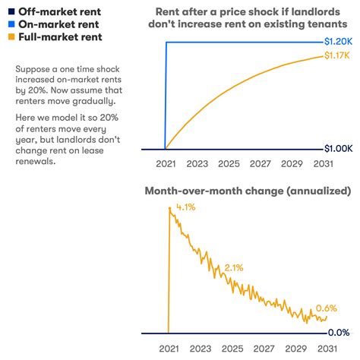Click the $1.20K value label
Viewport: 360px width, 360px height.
tap(337, 41)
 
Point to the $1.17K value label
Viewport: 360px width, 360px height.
tap(337, 55)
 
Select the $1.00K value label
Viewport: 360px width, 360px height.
tap(337, 149)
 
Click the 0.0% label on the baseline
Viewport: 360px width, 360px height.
tap(338, 333)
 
